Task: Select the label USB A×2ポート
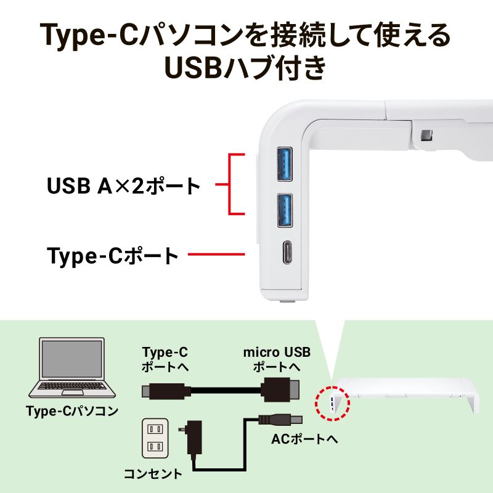[124, 185]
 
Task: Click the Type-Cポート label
[113, 255]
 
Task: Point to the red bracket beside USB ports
[232, 184]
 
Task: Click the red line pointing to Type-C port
[216, 255]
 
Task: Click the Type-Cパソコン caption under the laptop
[72, 411]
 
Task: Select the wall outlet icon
[155, 438]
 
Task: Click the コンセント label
[153, 474]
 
